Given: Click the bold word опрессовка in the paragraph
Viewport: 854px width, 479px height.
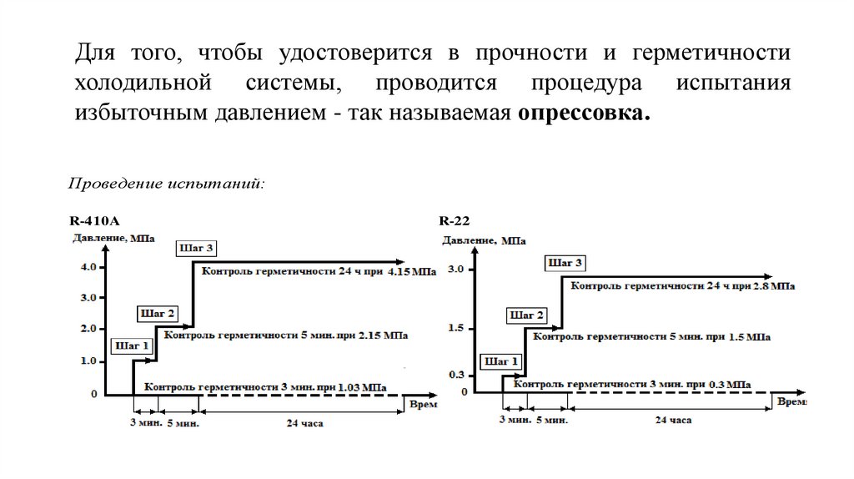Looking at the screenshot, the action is coord(582,113).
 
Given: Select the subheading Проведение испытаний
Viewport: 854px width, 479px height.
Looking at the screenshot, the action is coord(167,183).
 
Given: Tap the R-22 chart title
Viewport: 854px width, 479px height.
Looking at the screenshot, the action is coord(455,221).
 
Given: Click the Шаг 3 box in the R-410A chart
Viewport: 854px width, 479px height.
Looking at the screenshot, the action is coord(197,248).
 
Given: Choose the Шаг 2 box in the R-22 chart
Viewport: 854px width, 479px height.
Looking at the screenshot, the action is coord(527,315).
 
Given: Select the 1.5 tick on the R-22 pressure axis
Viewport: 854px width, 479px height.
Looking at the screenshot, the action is coord(455,328).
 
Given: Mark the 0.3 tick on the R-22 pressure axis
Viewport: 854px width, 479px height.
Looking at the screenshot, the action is coord(455,375).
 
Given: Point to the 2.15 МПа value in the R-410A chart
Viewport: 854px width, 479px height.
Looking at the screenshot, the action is coord(384,336).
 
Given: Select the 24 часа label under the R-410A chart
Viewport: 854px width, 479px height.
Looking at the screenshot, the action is coord(304,423).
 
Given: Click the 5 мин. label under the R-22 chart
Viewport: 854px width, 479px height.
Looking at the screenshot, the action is coord(550,420).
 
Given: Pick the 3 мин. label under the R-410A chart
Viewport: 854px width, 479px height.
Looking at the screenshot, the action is coord(145,422).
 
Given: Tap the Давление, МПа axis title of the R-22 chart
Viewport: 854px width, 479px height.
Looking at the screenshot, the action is coord(484,240).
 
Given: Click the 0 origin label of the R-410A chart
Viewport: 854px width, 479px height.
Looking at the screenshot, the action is coord(93,393).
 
